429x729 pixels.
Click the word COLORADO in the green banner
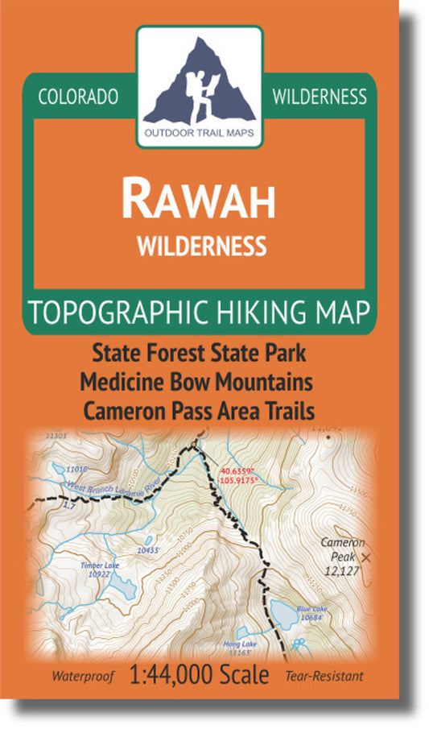[78, 97]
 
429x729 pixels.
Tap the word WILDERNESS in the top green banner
[320, 97]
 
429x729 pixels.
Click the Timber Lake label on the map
[99, 565]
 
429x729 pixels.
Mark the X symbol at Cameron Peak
[367, 557]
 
